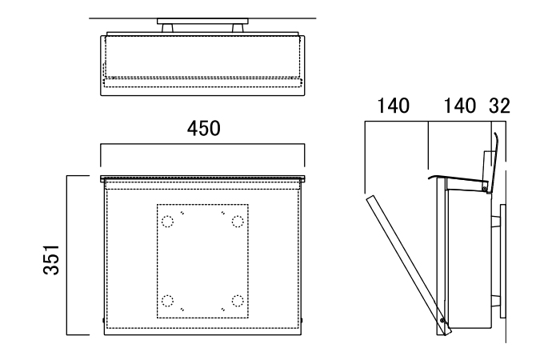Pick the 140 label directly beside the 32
coord(457,106)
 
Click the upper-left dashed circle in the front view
coord(167,222)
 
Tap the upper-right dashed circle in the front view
coord(237,222)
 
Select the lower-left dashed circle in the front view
coord(167,300)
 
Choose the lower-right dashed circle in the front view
coord(237,300)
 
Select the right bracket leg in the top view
coord(238,28)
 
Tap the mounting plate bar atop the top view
coord(203,21)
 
